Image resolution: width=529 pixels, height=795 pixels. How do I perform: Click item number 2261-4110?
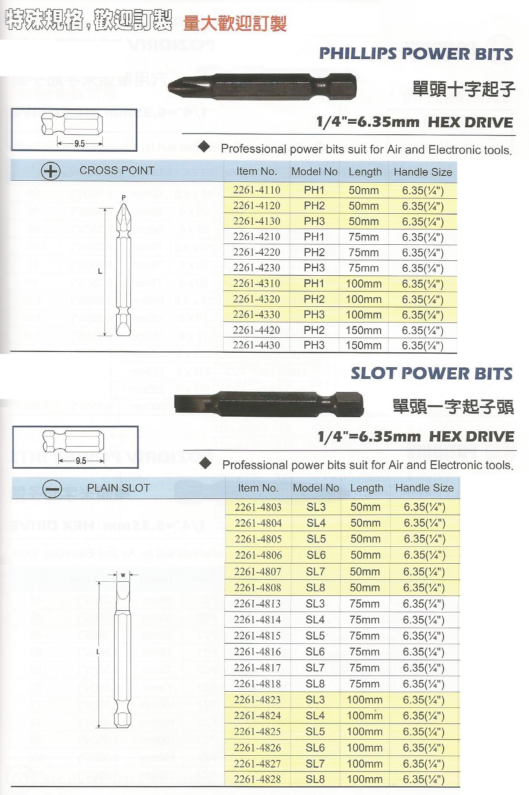coord(257,190)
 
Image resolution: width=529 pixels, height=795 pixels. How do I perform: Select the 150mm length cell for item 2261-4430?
coord(363,345)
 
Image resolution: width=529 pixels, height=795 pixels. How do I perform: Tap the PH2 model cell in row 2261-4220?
coord(314,252)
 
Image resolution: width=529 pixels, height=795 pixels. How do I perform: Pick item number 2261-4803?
coord(258,507)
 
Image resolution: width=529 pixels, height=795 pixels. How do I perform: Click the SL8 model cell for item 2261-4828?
coord(315,779)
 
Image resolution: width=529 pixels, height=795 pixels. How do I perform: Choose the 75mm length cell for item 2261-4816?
coord(365,652)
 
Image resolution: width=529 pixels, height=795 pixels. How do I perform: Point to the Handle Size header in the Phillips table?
coord(423,172)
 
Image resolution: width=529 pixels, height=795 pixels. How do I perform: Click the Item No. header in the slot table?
coord(258,488)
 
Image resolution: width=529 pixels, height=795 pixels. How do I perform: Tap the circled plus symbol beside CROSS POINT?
coord(51,171)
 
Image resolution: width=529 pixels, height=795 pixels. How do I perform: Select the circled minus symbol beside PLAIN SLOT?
coord(52,489)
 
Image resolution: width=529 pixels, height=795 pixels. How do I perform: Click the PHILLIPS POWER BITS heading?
coord(416,54)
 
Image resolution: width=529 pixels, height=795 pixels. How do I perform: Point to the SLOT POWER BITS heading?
coord(431,373)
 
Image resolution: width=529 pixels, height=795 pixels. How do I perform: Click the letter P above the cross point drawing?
coord(124,198)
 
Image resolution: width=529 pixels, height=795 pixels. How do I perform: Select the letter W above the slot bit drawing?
coord(123,575)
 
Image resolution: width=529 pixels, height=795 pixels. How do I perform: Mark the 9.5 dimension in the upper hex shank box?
coord(80,144)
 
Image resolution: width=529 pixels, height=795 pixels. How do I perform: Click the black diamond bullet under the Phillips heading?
coord(204,147)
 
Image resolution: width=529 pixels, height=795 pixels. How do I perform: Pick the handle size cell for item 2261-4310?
coord(423,284)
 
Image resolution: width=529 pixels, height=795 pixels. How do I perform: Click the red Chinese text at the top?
coord(235,24)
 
